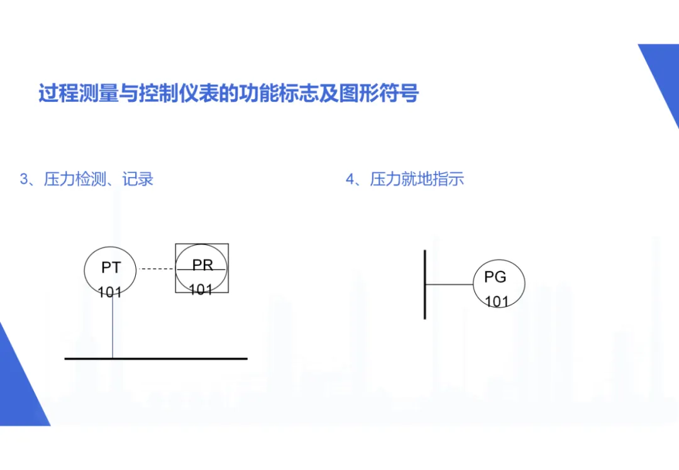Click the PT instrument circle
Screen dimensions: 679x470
click(111, 270)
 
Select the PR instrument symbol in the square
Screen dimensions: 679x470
click(202, 269)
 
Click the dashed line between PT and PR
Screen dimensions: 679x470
click(157, 269)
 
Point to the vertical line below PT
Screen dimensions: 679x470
click(113, 327)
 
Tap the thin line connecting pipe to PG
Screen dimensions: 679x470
click(449, 285)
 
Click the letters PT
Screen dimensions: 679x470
click(111, 268)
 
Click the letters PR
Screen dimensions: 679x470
click(202, 265)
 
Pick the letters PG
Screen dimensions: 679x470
click(495, 277)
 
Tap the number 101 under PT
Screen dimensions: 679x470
click(110, 292)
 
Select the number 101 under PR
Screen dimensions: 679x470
click(201, 290)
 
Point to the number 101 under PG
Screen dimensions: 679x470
click(496, 302)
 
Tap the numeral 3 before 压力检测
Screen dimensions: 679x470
click(25, 180)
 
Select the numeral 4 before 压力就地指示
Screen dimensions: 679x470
click(350, 180)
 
